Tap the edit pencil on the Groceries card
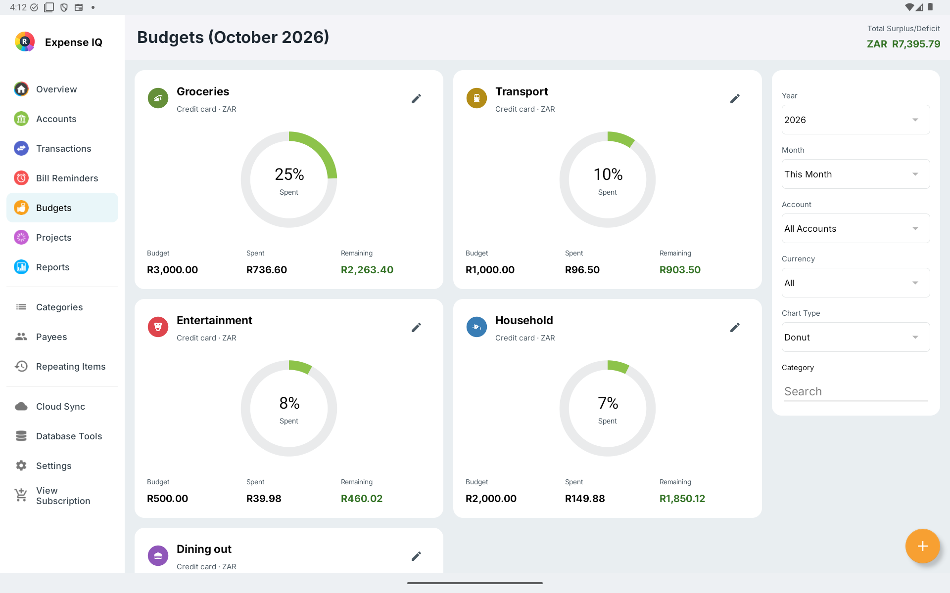click(416, 99)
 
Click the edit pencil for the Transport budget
click(735, 99)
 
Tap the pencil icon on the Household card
click(735, 328)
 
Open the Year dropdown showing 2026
click(855, 120)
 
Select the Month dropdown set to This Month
click(855, 174)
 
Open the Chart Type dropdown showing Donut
click(855, 337)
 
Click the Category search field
click(855, 391)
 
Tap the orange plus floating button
click(922, 546)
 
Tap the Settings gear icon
click(21, 466)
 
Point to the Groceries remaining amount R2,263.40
click(367, 270)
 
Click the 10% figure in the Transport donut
click(608, 174)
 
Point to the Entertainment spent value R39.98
click(264, 499)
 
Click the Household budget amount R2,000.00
click(491, 499)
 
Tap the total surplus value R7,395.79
click(916, 44)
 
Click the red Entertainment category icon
click(158, 327)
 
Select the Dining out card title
click(204, 549)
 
